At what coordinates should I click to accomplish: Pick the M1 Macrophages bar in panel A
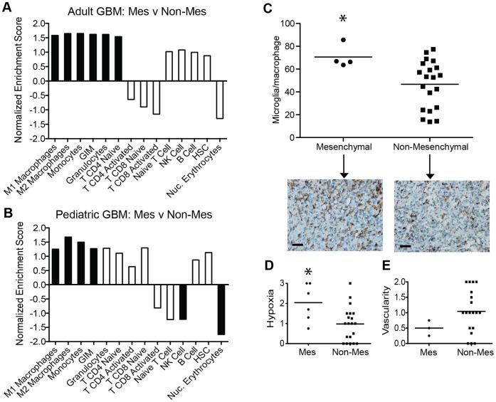[x=56, y=58]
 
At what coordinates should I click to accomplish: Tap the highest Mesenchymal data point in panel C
[x=343, y=41]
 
